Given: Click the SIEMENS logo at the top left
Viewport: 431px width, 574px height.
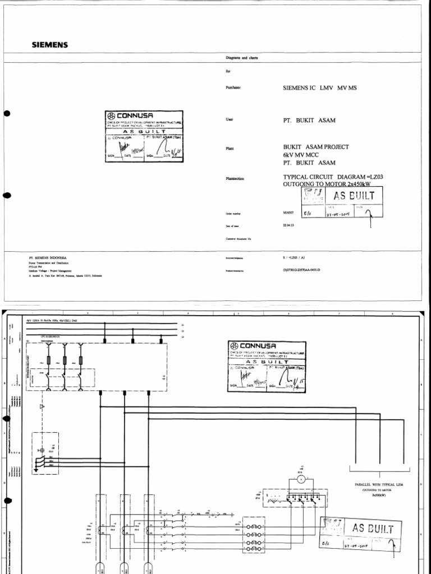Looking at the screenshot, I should (49, 45).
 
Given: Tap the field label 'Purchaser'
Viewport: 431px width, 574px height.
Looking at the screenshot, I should (233, 87).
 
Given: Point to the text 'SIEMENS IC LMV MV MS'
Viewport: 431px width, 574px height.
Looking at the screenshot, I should (319, 88).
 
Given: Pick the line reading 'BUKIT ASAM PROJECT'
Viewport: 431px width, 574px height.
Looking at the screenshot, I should (316, 147).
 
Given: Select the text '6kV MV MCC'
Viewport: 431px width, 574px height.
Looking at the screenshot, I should (301, 155).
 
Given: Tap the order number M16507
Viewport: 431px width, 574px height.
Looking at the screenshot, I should (288, 213).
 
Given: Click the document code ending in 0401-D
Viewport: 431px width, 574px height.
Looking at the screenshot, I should (301, 270).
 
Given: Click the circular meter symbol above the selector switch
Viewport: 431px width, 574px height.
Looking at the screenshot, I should (300, 480).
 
